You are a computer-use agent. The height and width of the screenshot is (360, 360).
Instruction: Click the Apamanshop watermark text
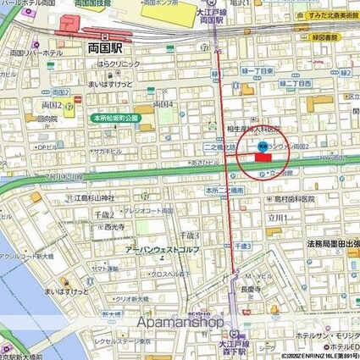tap(180, 323)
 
